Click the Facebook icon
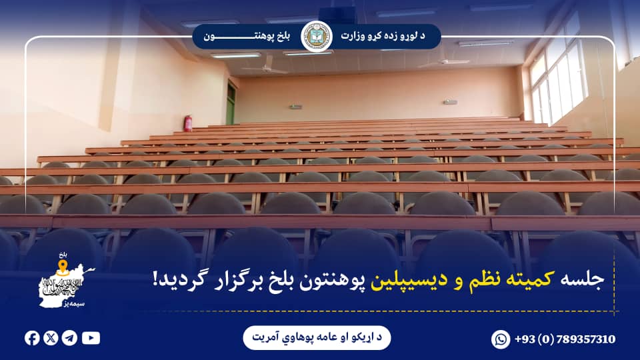pyautogui.click(x=32, y=338)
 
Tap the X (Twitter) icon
pyautogui.click(x=51, y=338)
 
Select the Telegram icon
pyautogui.click(x=69, y=338)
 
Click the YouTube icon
pyautogui.click(x=91, y=338)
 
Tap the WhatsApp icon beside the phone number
pyautogui.click(x=501, y=339)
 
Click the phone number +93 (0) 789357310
pyautogui.click(x=565, y=339)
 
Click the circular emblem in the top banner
pyautogui.click(x=317, y=36)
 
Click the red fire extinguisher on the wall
pyautogui.click(x=189, y=123)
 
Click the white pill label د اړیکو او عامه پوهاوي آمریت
pyautogui.click(x=317, y=338)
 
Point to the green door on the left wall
pyautogui.click(x=231, y=103)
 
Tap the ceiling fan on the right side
pyautogui.click(x=445, y=63)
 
